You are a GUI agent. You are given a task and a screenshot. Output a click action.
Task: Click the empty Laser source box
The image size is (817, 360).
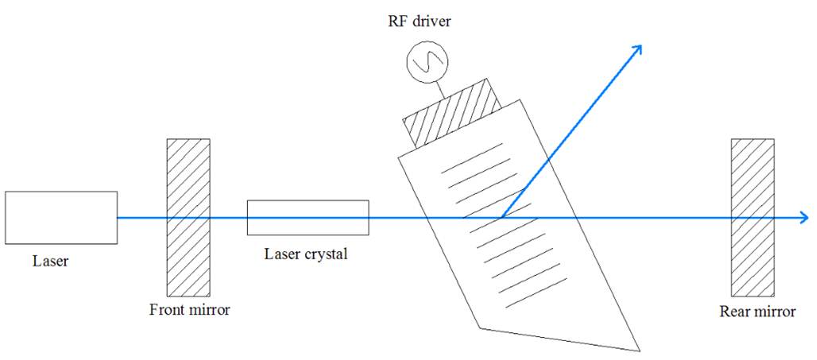point(61,218)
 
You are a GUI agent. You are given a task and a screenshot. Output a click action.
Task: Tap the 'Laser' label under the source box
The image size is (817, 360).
point(51,260)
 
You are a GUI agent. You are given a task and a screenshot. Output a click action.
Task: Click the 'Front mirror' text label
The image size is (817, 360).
point(190,311)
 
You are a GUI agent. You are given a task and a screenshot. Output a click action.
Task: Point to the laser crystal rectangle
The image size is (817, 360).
point(308,218)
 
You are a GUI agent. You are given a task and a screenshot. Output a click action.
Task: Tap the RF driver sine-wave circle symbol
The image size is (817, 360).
point(428,62)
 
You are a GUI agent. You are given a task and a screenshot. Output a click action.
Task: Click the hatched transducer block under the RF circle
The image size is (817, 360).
point(451,113)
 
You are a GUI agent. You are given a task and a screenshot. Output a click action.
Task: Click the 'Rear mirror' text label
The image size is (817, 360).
point(757,312)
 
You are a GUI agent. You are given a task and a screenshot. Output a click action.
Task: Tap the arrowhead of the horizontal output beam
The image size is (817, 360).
point(804,218)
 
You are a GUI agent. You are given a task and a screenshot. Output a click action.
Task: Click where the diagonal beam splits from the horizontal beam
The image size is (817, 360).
point(501,218)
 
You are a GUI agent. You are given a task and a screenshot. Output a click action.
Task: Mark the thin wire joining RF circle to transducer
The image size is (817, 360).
point(440,90)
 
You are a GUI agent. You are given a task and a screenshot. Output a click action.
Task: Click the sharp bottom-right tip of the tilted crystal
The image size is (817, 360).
point(639,350)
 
